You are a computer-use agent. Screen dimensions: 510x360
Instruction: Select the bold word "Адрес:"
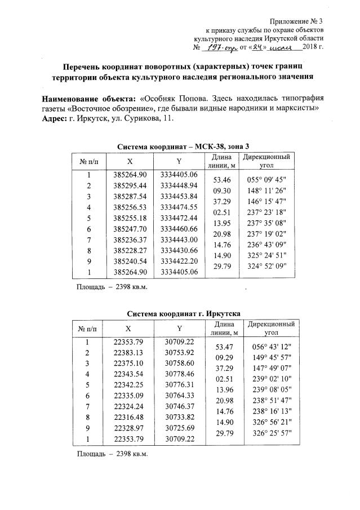point(54,119)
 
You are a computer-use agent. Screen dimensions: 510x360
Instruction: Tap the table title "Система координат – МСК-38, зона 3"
point(185,147)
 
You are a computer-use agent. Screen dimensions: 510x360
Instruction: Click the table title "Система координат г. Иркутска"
point(184,312)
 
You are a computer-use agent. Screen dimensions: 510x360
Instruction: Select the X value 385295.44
point(130,185)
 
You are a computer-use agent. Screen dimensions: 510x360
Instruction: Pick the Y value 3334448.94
point(179,185)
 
